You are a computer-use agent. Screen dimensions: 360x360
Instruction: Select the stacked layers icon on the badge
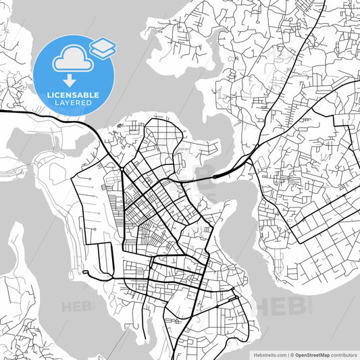tap(103, 47)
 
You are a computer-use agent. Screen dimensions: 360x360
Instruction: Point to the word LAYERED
tap(74, 103)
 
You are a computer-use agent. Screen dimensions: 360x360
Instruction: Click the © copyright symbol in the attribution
tap(292, 354)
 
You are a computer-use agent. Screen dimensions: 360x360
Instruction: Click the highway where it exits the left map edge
tap(2, 111)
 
